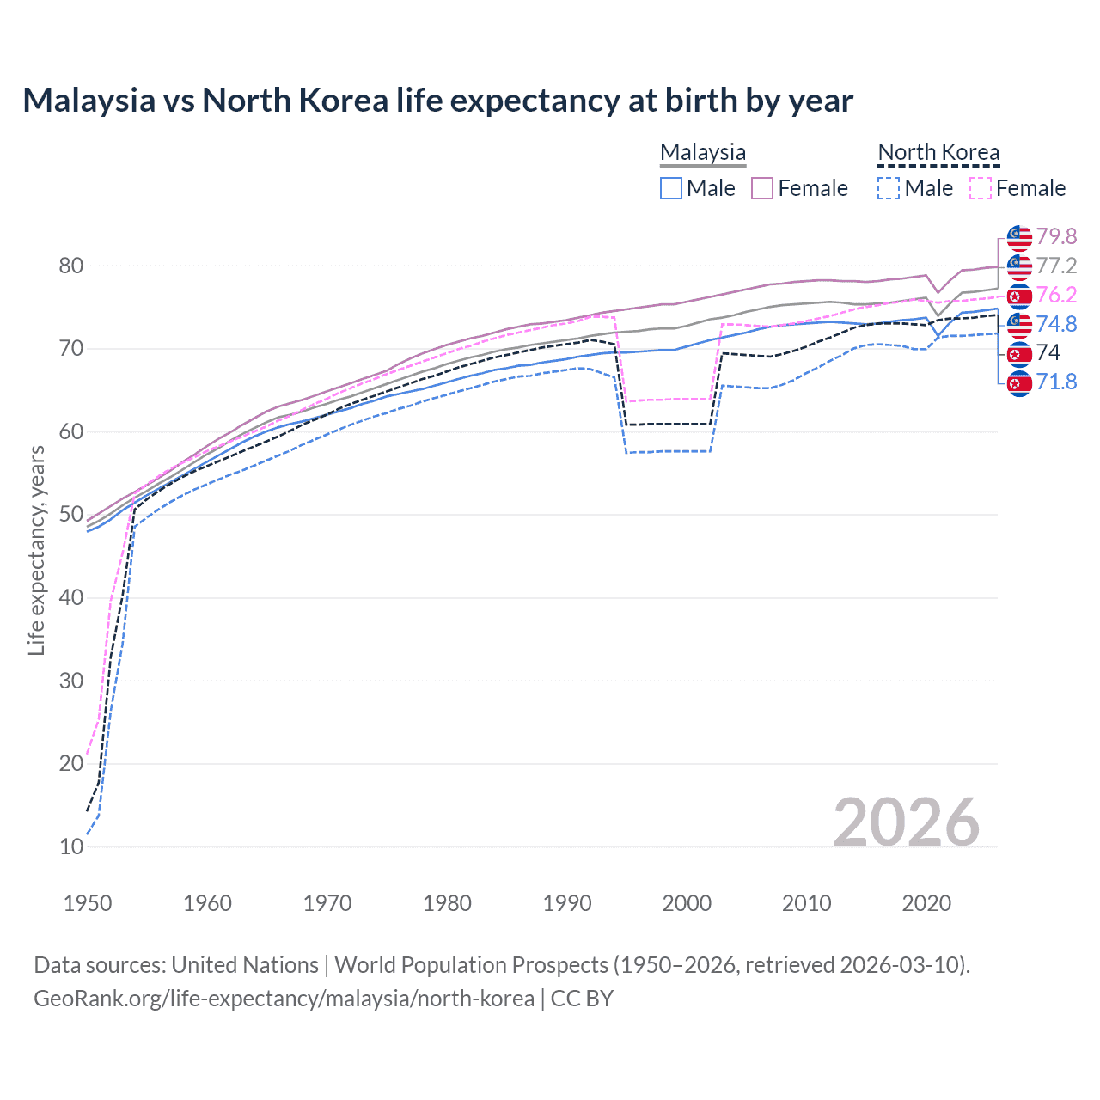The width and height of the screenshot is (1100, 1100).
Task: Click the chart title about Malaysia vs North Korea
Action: tap(437, 101)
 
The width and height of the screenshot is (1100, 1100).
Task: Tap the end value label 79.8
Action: tap(1056, 236)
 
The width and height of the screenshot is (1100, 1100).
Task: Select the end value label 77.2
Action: tap(1056, 266)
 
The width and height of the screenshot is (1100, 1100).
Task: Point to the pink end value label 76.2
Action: tap(1056, 295)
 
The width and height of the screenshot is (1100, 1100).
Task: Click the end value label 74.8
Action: tap(1056, 324)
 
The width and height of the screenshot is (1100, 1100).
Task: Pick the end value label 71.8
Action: tap(1056, 382)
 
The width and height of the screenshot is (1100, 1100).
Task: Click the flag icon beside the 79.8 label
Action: tap(1019, 237)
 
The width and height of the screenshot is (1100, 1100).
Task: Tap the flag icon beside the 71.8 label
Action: tap(1019, 382)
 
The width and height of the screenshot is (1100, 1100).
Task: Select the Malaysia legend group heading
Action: tap(703, 152)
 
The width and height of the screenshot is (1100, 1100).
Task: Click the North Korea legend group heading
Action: tap(938, 152)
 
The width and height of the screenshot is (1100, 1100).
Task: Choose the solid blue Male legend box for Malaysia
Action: tap(671, 188)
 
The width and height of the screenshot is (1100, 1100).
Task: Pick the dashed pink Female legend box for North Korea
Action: tap(981, 188)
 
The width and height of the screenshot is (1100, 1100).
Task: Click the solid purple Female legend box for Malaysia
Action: tap(762, 188)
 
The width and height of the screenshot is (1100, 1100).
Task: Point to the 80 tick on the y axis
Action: tap(71, 266)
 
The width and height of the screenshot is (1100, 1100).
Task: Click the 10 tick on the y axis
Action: tap(71, 846)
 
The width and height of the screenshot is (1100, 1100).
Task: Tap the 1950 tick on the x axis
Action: tap(88, 903)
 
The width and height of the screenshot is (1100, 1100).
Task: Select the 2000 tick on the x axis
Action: tap(687, 903)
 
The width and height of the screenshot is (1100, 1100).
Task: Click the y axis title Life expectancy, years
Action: tap(36, 551)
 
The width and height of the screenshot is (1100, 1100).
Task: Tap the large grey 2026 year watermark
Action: tap(906, 822)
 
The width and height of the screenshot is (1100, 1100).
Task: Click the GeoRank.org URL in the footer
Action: tap(284, 999)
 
